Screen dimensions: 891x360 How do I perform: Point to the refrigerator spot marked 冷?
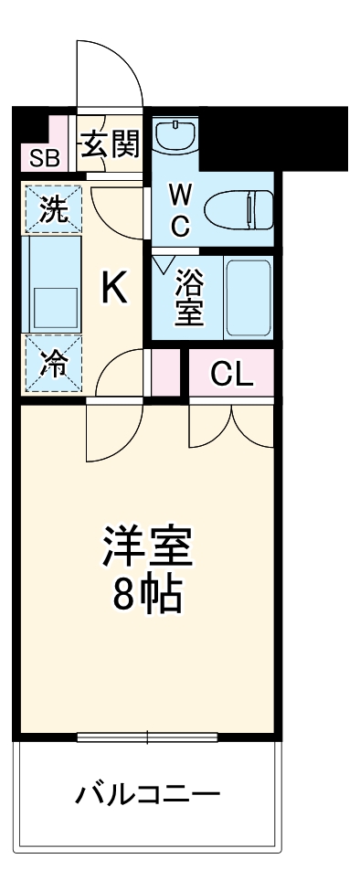(x=53, y=365)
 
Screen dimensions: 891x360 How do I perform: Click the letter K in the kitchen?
(x=113, y=289)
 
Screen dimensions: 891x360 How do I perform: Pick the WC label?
(x=181, y=210)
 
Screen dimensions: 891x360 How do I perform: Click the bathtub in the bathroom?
(x=248, y=298)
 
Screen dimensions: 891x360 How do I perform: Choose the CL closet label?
(x=231, y=375)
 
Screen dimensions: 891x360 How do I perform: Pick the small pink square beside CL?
(x=165, y=375)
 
